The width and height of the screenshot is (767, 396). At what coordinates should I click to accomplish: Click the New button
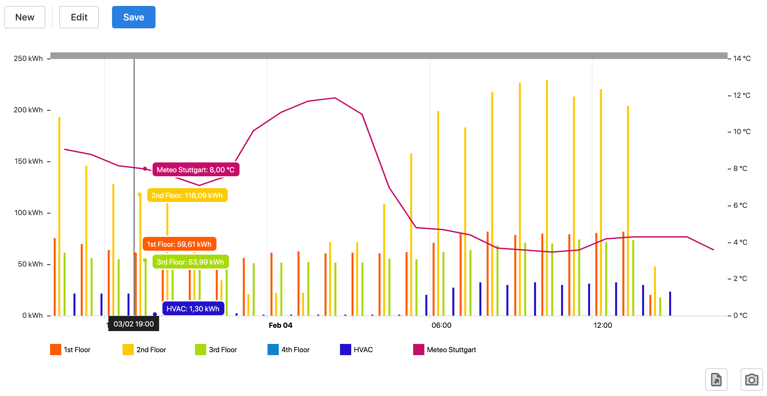25,17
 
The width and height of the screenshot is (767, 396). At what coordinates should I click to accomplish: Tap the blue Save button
133,17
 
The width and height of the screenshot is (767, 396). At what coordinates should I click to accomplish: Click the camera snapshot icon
752,380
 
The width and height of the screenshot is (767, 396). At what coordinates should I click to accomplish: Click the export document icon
716,380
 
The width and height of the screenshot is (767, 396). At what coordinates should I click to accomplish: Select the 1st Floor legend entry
70,350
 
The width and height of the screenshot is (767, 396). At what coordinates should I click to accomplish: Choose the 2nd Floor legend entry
144,350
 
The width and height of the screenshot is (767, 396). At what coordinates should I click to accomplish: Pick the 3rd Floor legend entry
216,350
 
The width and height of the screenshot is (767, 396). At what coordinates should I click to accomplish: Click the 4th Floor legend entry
289,350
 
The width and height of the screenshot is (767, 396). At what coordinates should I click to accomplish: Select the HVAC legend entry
356,350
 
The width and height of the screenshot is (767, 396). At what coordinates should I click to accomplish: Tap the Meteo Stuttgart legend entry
445,350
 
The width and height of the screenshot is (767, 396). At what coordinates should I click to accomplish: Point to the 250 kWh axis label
28,59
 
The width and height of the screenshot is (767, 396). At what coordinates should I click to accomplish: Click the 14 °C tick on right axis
742,59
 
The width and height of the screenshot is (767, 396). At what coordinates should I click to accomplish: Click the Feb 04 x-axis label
280,325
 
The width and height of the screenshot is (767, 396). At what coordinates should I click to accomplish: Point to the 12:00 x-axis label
603,325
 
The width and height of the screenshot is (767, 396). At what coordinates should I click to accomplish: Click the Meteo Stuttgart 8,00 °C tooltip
196,170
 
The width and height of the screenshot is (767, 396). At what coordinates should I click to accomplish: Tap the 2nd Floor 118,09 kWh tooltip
187,195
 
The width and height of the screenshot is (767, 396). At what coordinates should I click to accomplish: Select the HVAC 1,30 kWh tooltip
193,309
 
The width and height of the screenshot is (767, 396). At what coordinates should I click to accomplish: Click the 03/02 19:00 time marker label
134,324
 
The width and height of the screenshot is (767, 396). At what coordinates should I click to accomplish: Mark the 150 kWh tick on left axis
29,161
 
